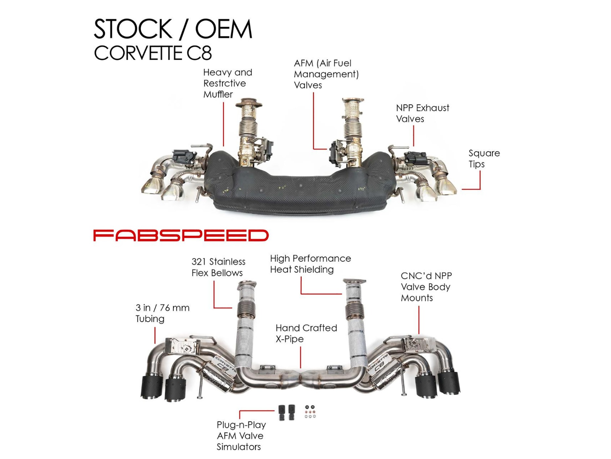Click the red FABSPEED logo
[181, 235]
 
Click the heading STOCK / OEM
[173, 29]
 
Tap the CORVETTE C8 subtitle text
[153, 53]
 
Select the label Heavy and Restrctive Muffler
[228, 83]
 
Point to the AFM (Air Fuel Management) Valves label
[326, 74]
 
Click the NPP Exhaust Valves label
[422, 113]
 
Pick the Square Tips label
[484, 158]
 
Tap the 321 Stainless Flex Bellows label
[218, 267]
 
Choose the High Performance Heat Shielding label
[310, 264]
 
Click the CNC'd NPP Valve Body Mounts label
[426, 287]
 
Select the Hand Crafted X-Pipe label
[306, 333]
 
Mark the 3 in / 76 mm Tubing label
[162, 313]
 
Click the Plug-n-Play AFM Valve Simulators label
[241, 436]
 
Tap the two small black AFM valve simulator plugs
[287, 412]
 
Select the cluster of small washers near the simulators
[310, 412]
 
